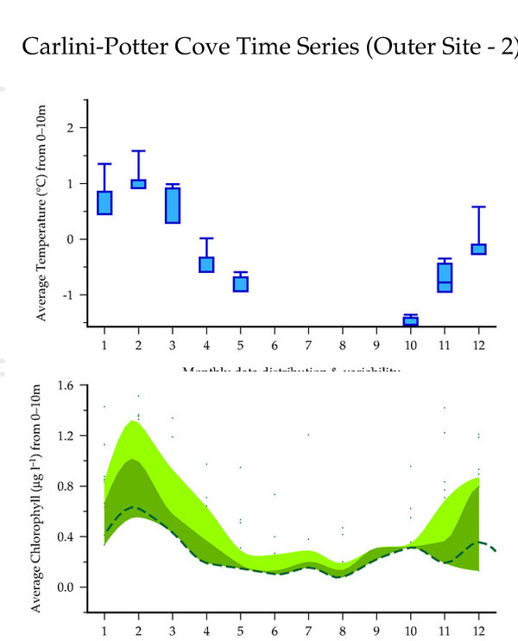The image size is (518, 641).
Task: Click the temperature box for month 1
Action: (x=104, y=202)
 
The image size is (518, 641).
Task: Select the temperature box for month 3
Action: (x=173, y=205)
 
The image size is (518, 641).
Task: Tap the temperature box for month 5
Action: (x=241, y=283)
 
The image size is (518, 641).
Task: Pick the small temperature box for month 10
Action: (x=410, y=321)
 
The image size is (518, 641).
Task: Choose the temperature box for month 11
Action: (x=445, y=277)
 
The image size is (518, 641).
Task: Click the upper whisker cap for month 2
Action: (x=138, y=151)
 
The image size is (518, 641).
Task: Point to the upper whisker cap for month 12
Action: (x=478, y=207)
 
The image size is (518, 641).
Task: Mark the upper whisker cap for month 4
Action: (x=207, y=238)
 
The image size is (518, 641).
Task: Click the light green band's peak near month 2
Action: (x=133, y=422)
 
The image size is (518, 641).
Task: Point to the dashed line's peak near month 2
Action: (x=133, y=507)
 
